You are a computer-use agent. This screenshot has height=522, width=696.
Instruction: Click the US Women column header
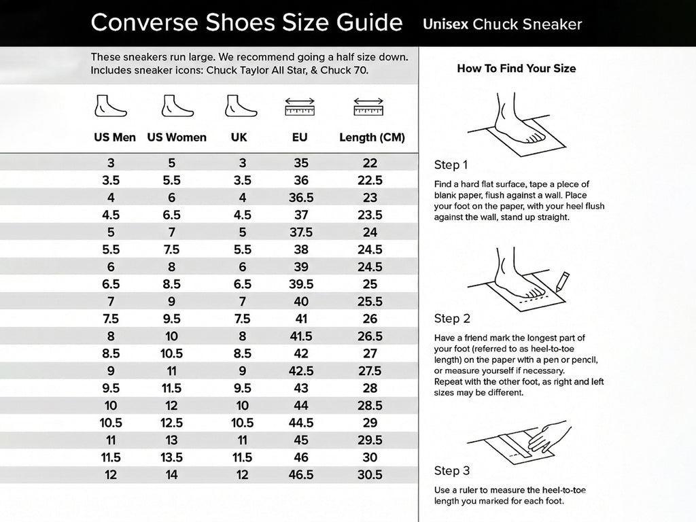click(x=177, y=137)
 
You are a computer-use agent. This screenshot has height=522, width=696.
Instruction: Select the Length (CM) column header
click(x=372, y=137)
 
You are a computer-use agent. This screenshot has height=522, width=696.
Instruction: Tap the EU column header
click(x=300, y=137)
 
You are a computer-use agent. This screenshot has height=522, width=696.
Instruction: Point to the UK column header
click(x=239, y=137)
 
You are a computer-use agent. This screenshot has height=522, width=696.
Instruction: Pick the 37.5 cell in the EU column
click(x=300, y=232)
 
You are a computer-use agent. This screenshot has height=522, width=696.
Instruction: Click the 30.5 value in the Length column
click(x=370, y=475)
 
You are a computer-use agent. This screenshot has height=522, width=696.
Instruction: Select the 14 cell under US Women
click(x=172, y=475)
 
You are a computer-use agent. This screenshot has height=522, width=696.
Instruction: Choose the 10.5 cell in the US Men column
click(x=111, y=423)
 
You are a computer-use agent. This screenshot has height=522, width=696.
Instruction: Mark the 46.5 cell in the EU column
click(x=300, y=475)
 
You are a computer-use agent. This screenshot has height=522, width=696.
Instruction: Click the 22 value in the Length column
click(x=370, y=163)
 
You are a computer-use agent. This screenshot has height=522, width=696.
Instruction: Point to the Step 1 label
click(x=451, y=165)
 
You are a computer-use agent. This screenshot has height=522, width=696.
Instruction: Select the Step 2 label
click(x=452, y=319)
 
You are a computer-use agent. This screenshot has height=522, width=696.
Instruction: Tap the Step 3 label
click(x=452, y=471)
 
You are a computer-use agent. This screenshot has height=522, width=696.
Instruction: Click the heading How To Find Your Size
click(x=517, y=69)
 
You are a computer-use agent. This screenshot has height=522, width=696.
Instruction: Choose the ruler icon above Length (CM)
click(x=369, y=107)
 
